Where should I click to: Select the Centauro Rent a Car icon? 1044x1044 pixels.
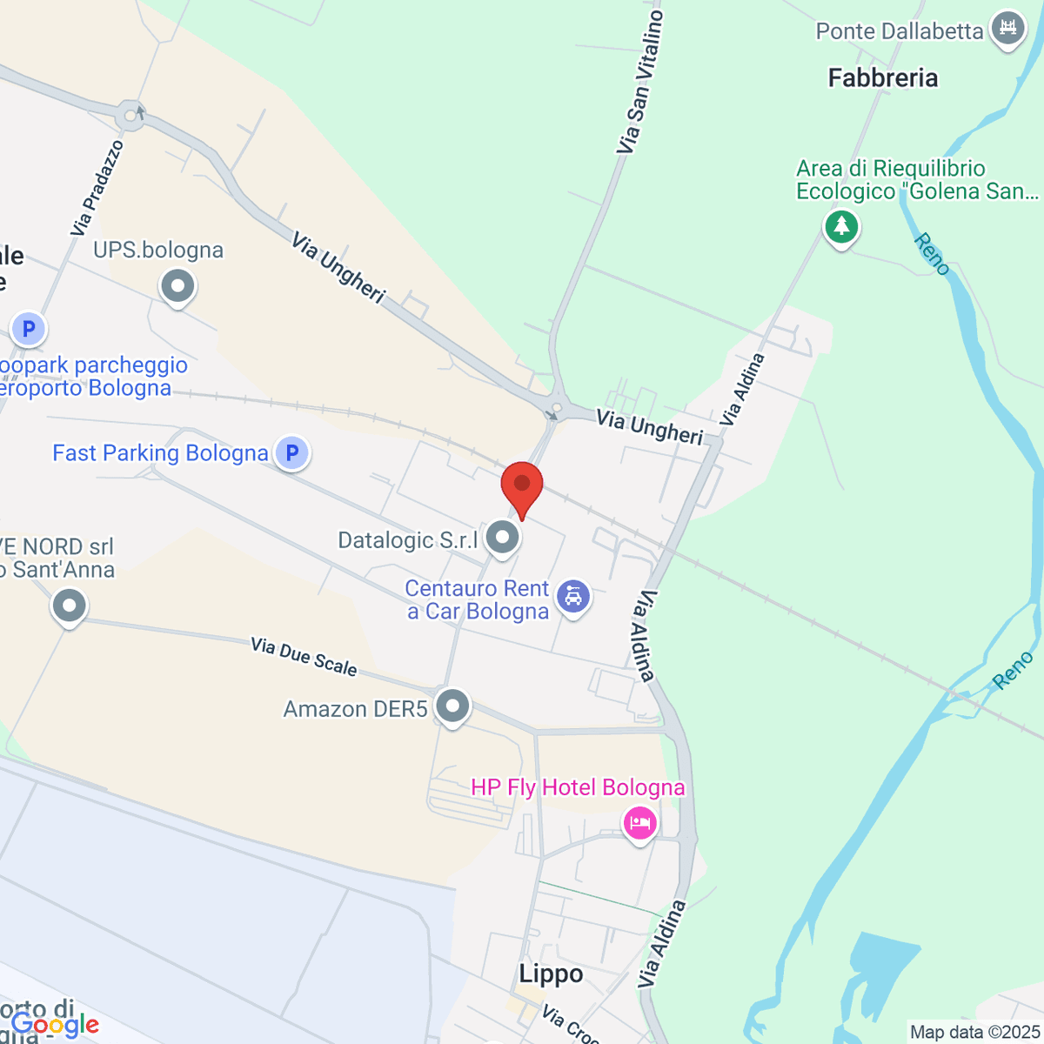coord(573,597)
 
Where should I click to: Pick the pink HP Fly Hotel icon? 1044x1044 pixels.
coord(640,822)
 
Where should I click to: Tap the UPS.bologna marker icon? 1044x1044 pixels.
coord(178,286)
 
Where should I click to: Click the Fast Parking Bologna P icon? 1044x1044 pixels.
coord(292,452)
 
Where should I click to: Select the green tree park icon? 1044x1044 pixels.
coord(841,227)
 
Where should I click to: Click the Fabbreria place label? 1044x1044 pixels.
coord(883,78)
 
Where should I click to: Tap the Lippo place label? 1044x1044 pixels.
coord(551,974)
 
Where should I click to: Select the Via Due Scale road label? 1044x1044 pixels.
coord(304,656)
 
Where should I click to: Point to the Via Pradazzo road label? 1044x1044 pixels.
coord(97,188)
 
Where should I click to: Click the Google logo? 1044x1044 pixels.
coord(54,1025)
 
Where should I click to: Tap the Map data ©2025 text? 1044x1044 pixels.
coord(974,1033)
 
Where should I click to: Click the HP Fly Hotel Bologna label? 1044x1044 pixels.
coord(578,787)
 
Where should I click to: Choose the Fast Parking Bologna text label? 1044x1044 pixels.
coord(160,453)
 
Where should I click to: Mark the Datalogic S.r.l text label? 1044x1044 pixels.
coord(408,540)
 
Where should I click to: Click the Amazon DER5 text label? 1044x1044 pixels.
coord(355,709)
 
